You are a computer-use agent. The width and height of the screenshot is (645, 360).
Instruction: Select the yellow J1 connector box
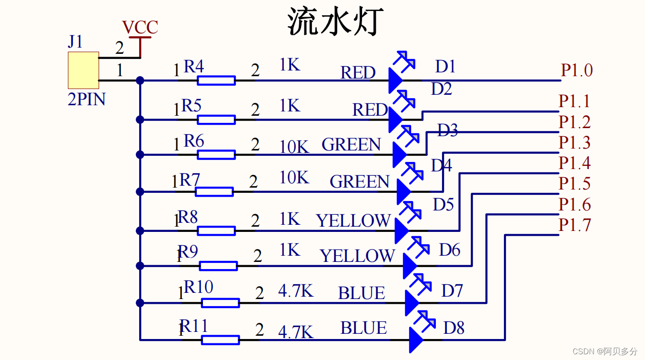[x=83, y=70]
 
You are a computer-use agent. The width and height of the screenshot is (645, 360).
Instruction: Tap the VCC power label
[x=140, y=28]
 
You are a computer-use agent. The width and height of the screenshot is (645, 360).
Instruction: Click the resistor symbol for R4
[x=216, y=80]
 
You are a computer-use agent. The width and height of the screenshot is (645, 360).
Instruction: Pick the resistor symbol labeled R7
[x=214, y=192]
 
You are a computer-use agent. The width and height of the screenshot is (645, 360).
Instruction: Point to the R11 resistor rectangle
[x=220, y=340]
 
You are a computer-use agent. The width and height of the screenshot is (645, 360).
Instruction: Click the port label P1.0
[x=576, y=70]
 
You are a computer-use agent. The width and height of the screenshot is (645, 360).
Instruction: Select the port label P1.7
[x=574, y=225]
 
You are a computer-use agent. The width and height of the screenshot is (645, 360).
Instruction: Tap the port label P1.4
[x=574, y=163]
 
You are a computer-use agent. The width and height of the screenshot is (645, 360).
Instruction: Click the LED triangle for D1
[x=395, y=80]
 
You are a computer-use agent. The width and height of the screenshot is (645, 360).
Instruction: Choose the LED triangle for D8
[x=415, y=340]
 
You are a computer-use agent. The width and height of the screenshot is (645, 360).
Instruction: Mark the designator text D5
[x=443, y=205]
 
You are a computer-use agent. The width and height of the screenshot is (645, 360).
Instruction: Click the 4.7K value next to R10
[x=296, y=290]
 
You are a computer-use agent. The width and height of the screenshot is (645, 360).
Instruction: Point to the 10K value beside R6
[x=294, y=147]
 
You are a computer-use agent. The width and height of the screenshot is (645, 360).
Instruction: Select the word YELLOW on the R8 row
[x=353, y=221]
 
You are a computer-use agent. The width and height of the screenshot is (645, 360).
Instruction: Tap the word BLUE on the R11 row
[x=363, y=328]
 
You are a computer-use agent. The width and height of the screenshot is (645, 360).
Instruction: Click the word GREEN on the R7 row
[x=360, y=181]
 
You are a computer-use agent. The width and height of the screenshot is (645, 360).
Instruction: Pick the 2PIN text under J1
[x=86, y=100]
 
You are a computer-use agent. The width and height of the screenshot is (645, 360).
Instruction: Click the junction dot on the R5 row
[x=140, y=119]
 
